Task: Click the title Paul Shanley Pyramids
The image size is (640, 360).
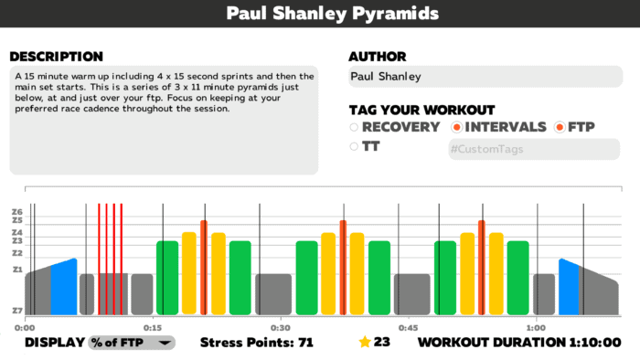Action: click(319, 14)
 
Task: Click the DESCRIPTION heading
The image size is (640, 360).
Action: click(56, 57)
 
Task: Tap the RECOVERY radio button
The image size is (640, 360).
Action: click(354, 127)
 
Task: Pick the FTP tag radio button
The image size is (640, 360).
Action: click(560, 127)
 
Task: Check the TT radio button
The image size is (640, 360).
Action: click(354, 146)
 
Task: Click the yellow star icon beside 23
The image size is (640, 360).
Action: click(365, 343)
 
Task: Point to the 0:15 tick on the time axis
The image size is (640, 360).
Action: click(153, 327)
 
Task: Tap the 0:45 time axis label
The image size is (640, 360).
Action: click(409, 327)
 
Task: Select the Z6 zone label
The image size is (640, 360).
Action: click(16, 212)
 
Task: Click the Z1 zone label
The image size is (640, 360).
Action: click(16, 270)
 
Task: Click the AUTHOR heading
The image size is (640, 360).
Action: click(378, 57)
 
